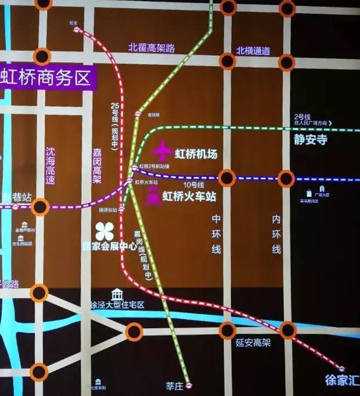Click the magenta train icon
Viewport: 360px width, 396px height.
point(153,197)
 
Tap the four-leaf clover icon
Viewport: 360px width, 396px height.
point(105,231)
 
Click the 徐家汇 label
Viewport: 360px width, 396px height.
point(341,381)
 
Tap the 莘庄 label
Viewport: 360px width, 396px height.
point(174,385)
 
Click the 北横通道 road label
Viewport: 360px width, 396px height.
point(253,51)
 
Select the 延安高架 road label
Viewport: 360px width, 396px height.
point(253,343)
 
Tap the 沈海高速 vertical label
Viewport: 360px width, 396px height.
point(51,165)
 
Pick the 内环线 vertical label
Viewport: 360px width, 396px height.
point(276,233)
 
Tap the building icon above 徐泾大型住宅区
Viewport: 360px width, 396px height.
point(117,294)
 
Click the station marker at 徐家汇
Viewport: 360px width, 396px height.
point(342,369)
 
